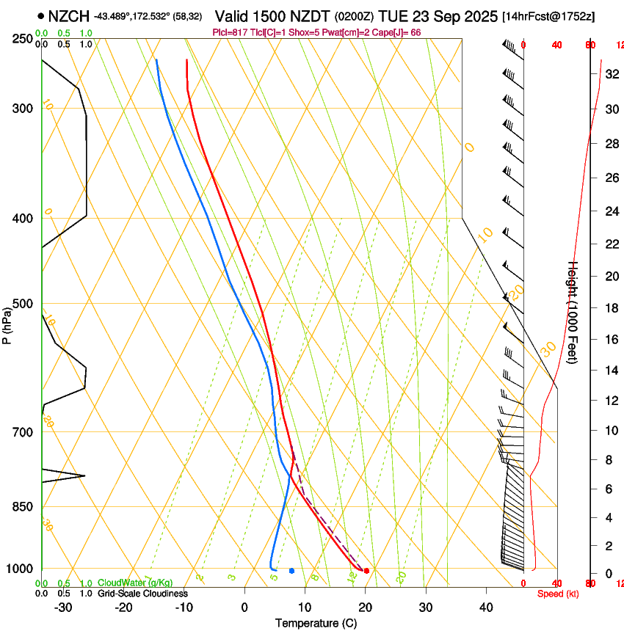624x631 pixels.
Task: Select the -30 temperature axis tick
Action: [x=63, y=607]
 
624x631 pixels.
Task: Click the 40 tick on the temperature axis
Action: [x=485, y=607]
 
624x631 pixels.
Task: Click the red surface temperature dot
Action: [x=366, y=570]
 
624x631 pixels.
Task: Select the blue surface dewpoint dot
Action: [x=291, y=570]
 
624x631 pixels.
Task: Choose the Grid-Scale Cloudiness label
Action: [x=142, y=593]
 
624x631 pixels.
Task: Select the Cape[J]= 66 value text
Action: [x=399, y=32]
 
